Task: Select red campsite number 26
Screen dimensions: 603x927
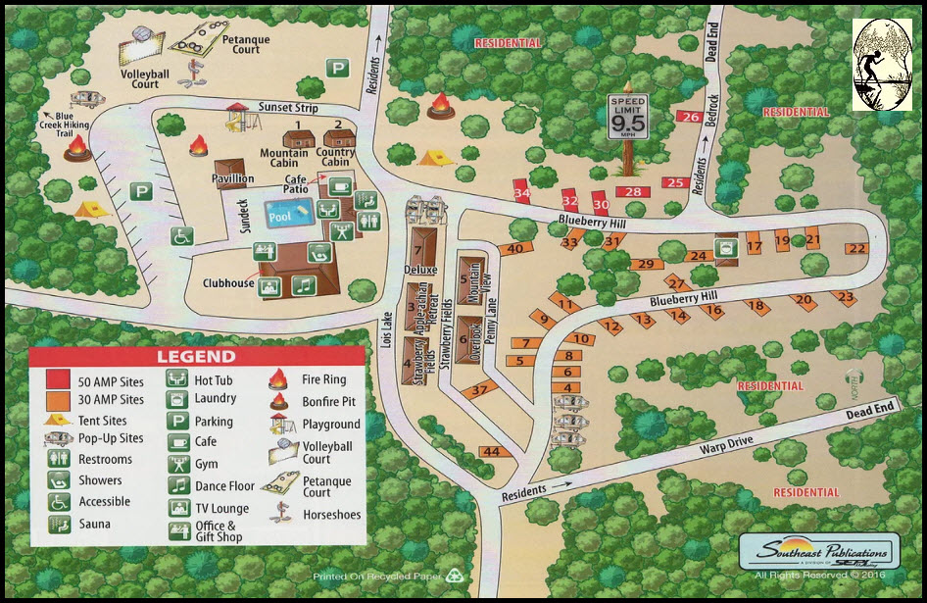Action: coord(690,118)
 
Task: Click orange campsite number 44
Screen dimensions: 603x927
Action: coord(492,452)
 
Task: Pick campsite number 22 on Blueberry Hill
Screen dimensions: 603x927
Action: coord(857,248)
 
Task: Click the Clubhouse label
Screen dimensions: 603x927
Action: coord(227,284)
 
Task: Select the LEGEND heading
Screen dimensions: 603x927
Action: coord(197,357)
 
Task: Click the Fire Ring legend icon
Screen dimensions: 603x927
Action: coord(278,378)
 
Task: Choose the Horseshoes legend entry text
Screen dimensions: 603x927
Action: coord(331,515)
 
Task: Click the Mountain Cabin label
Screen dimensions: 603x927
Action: coord(284,158)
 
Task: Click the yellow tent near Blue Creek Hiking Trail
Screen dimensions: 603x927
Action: coord(91,208)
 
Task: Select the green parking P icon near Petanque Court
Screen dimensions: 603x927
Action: coord(338,68)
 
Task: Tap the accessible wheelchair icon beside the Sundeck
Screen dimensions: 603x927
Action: coord(181,236)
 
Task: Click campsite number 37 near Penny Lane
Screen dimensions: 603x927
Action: coord(479,390)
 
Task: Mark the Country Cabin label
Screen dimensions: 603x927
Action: coord(336,158)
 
